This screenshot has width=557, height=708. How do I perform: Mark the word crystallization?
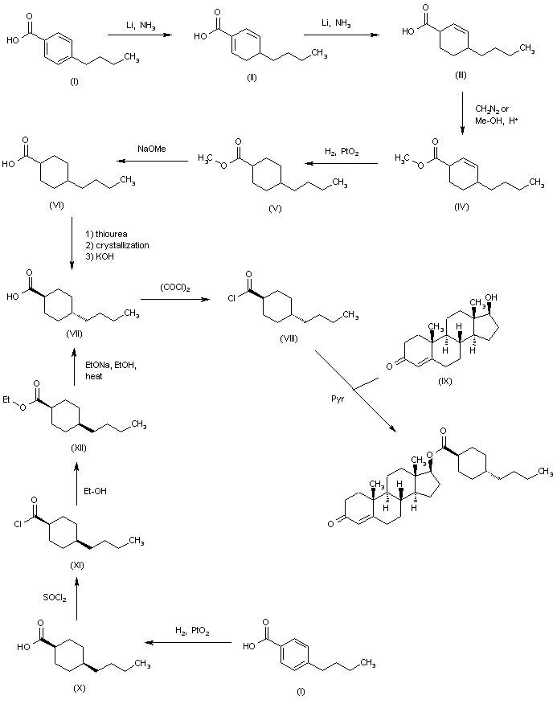coord(121,244)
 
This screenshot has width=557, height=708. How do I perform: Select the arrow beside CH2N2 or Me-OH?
coord(462,116)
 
